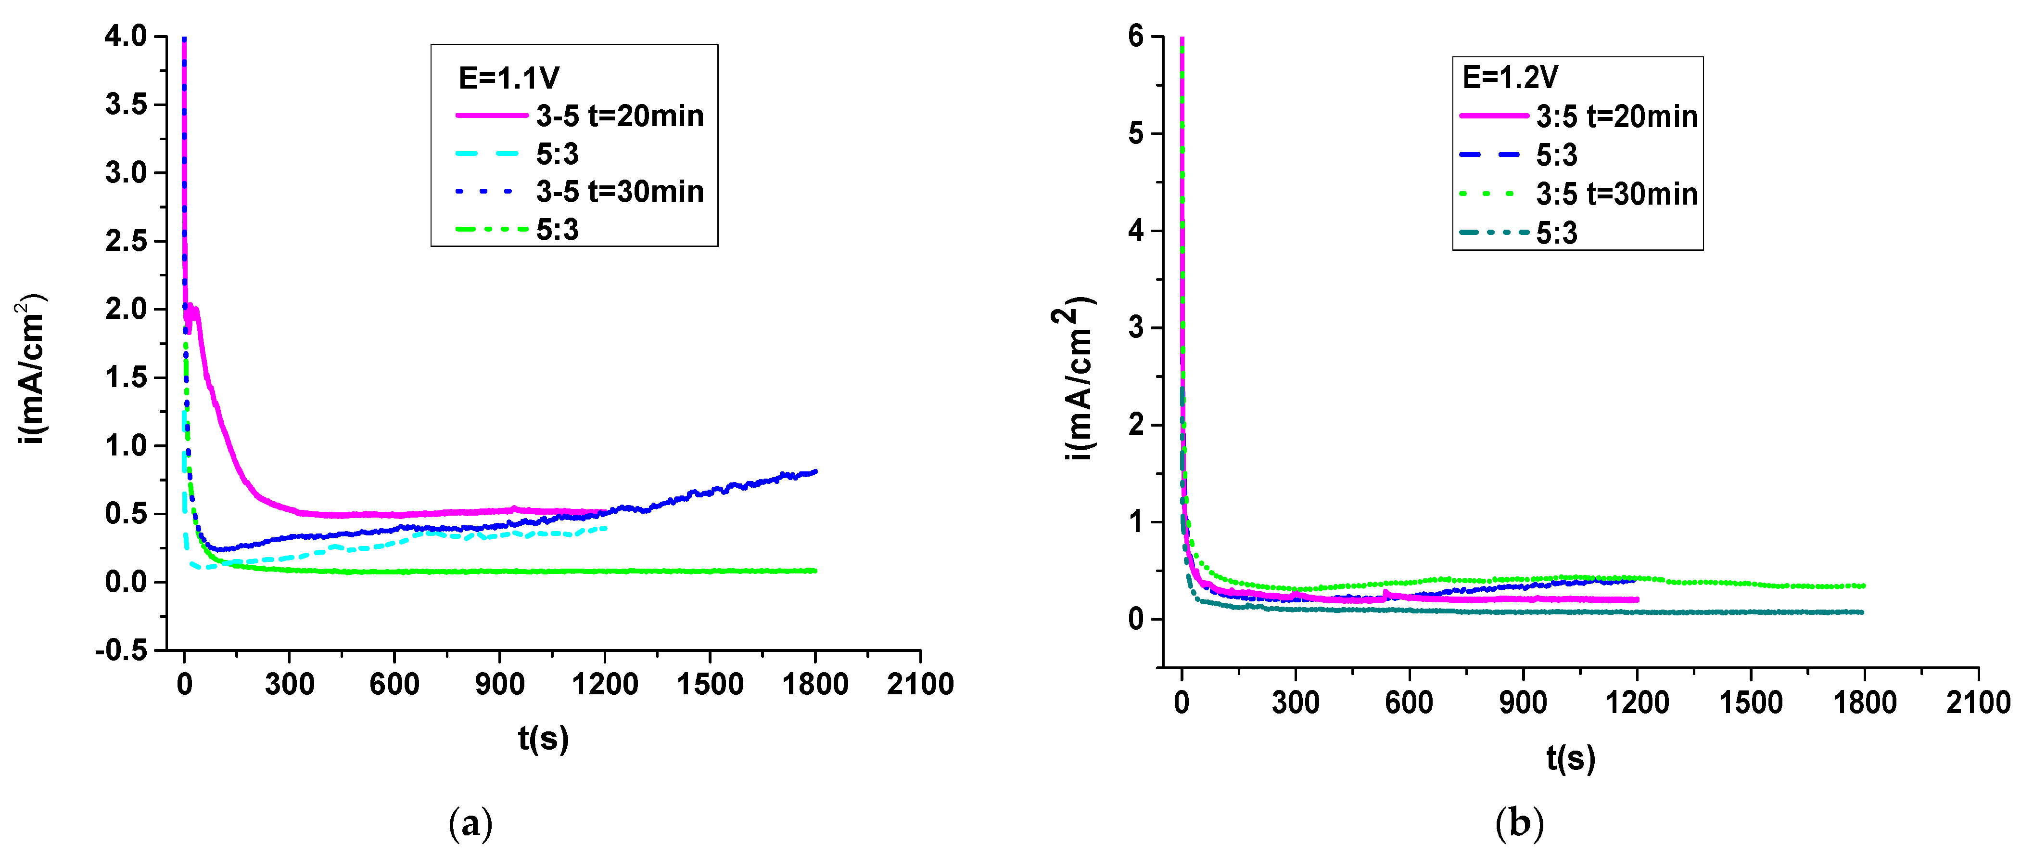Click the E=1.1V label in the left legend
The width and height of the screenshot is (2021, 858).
tap(508, 78)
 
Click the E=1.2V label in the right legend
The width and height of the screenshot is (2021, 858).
tap(1510, 77)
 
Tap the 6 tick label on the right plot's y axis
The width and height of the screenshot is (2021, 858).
tap(1136, 36)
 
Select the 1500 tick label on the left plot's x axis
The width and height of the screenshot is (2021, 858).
tap(710, 685)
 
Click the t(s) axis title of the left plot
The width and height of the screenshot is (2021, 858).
tap(543, 739)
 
